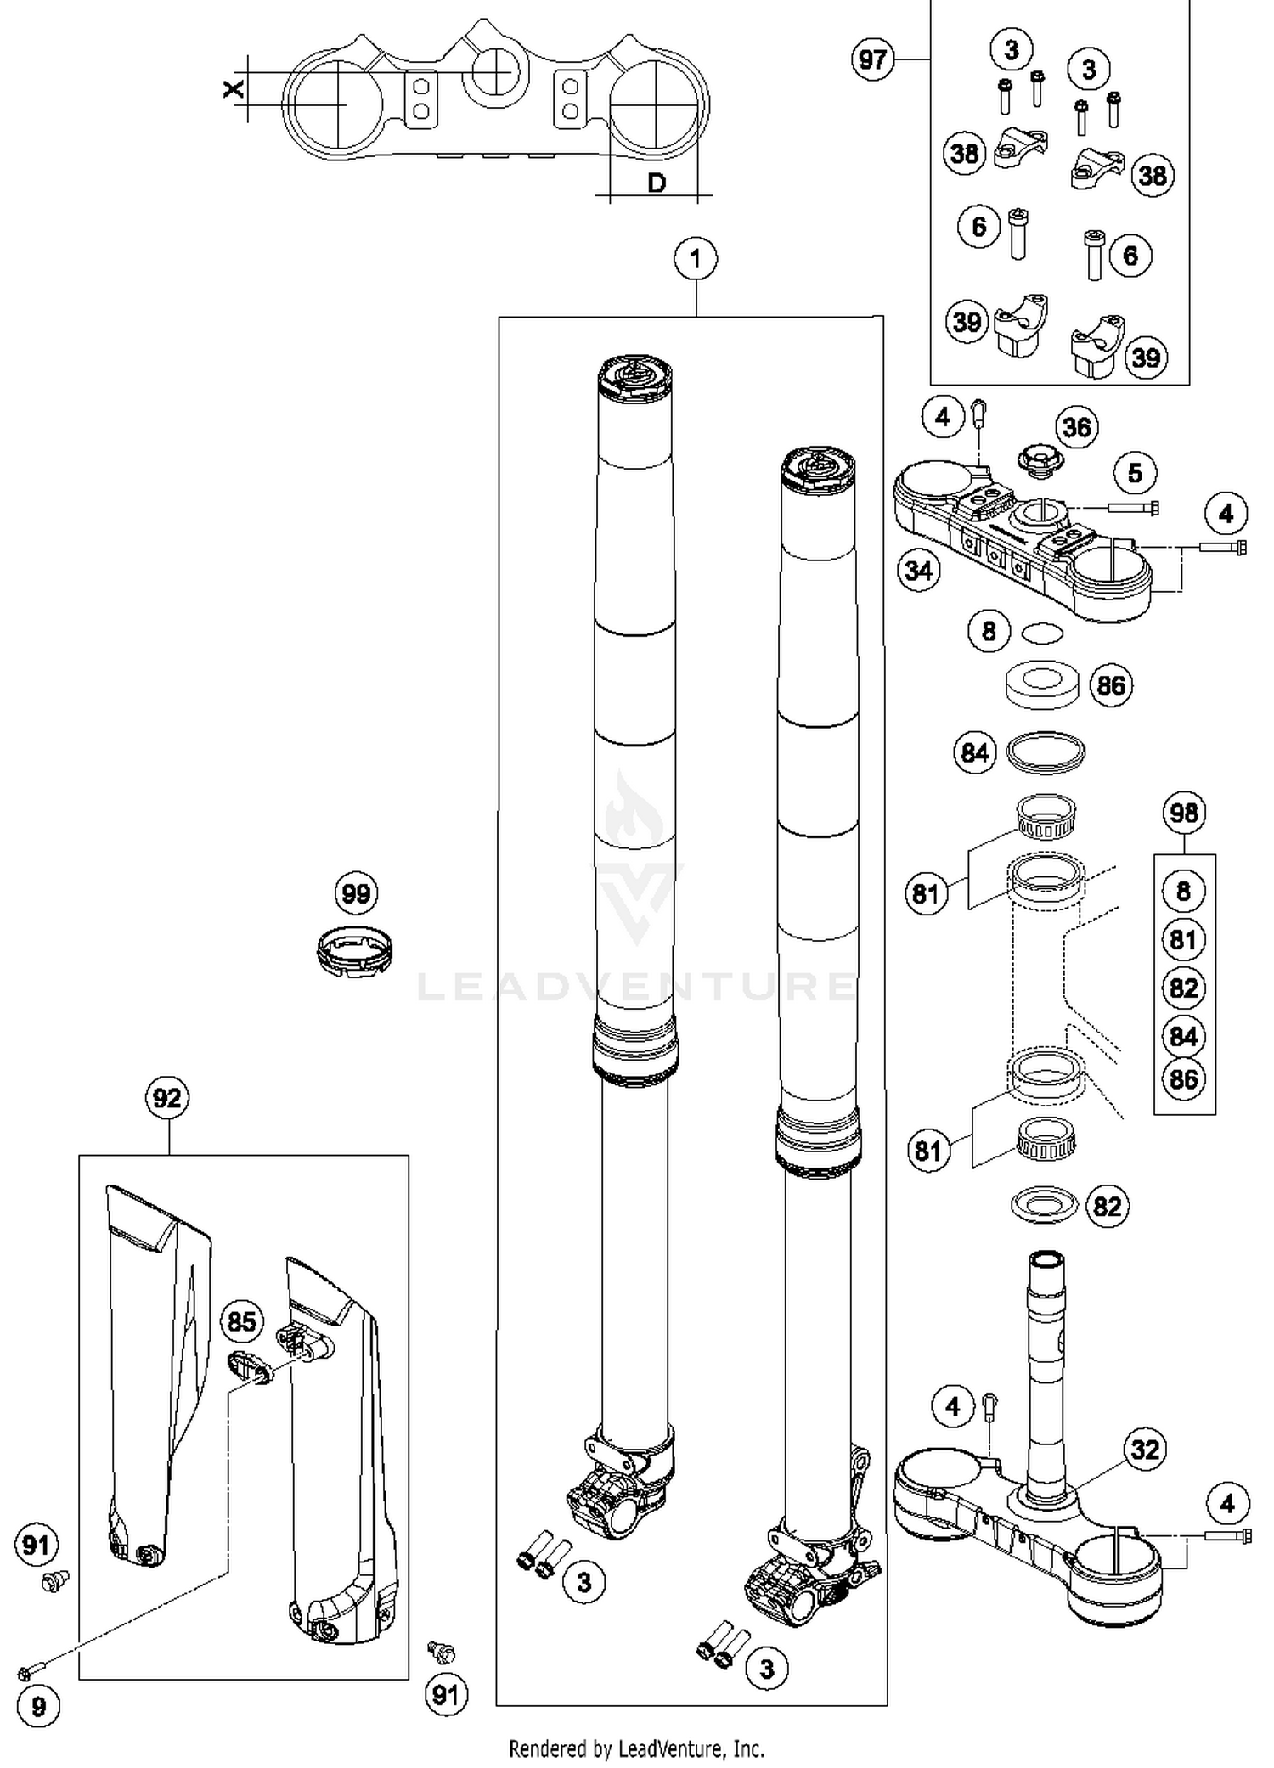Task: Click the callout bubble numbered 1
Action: [696, 258]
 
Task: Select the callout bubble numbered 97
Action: [873, 59]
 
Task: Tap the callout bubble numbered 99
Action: [356, 893]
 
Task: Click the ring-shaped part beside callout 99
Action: [354, 951]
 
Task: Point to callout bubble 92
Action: [166, 1098]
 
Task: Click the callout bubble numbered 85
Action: [241, 1321]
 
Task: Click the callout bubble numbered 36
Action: [1077, 427]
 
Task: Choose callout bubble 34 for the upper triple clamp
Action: [919, 571]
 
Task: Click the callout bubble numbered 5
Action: [1136, 473]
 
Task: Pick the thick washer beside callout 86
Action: [1042, 685]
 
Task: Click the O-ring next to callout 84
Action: [1046, 752]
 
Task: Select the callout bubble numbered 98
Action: [1184, 813]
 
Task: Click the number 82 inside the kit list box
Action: [1184, 988]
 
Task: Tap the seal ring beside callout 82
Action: [1045, 1205]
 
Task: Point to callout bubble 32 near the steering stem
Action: [1145, 1449]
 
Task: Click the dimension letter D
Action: [657, 182]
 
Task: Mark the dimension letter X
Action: [233, 88]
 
